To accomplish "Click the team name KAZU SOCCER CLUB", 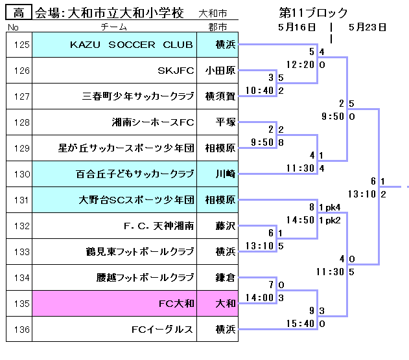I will [132, 45].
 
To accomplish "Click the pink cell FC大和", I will [176, 304].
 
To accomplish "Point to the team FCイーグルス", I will [162, 330].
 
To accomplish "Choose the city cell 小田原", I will [220, 71].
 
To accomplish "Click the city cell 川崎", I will [220, 174].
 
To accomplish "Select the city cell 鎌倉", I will [220, 278].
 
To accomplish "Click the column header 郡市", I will [218, 27].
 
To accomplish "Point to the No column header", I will [12, 27].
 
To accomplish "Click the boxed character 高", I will [19, 12].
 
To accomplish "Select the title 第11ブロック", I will [313, 12].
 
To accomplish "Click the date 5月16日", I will [296, 27].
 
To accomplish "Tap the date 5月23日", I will [367, 27].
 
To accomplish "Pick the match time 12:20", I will [300, 65].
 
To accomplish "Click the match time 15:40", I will [300, 324].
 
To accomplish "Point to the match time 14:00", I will [260, 298].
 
